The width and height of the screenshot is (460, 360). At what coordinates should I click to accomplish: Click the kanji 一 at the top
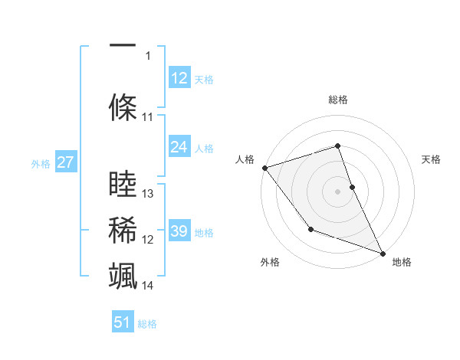coord(123,45)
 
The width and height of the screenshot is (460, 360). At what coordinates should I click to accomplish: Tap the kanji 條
coord(123,106)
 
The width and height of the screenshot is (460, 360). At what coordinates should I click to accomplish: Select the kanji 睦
coord(123,184)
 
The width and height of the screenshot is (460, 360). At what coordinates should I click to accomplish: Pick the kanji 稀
coord(123,229)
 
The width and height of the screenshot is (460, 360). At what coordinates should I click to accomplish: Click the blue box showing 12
coord(179,78)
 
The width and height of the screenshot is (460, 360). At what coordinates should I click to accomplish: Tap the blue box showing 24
coord(179,147)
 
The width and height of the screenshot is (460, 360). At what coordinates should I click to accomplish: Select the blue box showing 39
coord(179,231)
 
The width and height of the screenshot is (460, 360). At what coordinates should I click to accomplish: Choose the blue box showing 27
coord(65,162)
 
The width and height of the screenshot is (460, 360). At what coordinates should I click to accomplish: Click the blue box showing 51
coord(123,322)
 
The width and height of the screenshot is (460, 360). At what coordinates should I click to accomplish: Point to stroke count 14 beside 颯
coord(148,286)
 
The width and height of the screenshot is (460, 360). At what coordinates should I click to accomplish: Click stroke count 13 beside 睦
coord(148,194)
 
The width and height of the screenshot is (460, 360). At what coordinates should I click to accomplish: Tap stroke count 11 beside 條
coord(148,117)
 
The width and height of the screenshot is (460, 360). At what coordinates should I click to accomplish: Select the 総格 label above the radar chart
coord(337,100)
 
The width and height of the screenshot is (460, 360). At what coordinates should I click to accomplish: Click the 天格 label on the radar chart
coord(431,159)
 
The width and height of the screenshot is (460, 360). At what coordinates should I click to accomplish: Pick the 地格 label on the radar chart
coord(402,262)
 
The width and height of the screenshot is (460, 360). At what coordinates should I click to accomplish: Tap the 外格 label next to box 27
coord(40,163)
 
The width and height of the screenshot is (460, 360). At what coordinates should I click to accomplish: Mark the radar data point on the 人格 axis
coord(264,167)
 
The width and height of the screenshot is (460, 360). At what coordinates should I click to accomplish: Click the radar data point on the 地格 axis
coord(383,253)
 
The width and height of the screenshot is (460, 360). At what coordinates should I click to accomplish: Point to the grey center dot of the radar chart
coord(337,191)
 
